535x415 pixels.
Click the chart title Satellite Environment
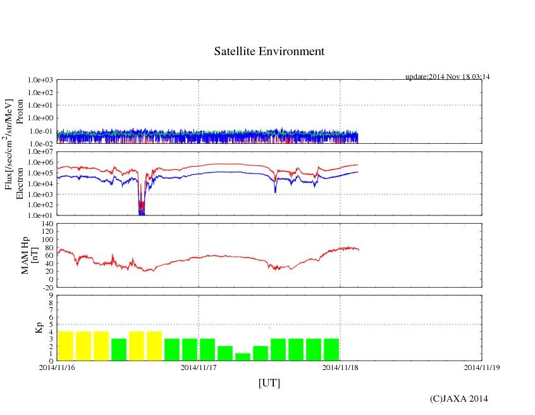pyautogui.click(x=269, y=51)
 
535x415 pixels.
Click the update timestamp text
pyautogui.click(x=447, y=77)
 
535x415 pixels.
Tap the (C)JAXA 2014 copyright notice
pyautogui.click(x=458, y=399)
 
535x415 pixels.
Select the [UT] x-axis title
pyautogui.click(x=269, y=383)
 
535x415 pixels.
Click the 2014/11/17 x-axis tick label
pyautogui.click(x=199, y=367)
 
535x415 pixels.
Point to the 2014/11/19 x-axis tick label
pyautogui.click(x=481, y=367)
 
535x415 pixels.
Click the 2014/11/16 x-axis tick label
pyautogui.click(x=57, y=367)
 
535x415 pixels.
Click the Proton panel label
pyautogui.click(x=20, y=112)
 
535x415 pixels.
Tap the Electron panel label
pyautogui.click(x=20, y=184)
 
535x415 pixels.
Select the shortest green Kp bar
pyautogui.click(x=243, y=357)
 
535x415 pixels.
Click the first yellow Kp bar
pyautogui.click(x=66, y=346)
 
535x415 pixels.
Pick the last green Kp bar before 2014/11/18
pyautogui.click(x=331, y=350)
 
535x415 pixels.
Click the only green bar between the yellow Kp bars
pyautogui.click(x=119, y=350)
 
